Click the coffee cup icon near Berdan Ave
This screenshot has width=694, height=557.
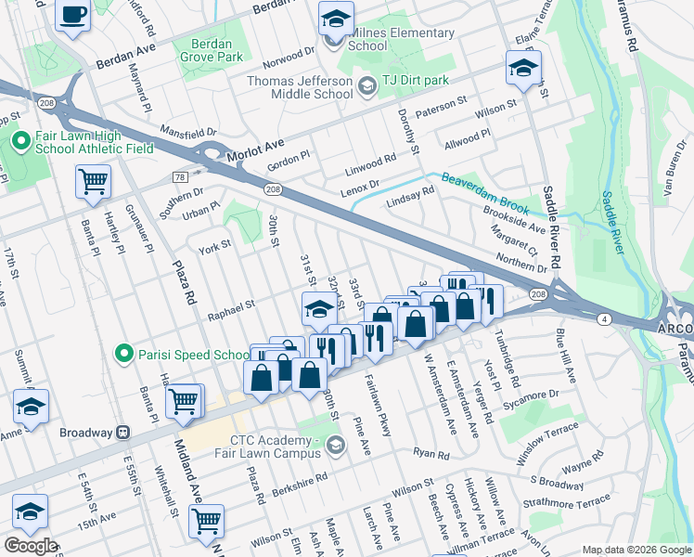[x=72, y=15]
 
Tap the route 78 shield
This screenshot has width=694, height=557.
[x=180, y=176]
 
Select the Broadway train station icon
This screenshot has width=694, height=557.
[x=122, y=433]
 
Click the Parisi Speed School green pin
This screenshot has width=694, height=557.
[x=122, y=353]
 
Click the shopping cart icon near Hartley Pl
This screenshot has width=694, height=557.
[x=93, y=182]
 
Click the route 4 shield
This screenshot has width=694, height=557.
[x=604, y=318]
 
